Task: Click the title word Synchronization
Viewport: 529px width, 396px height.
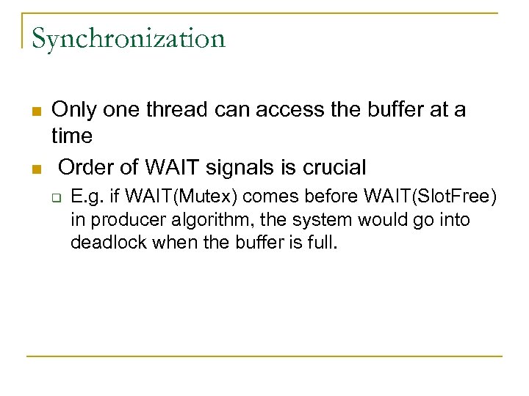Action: [128, 39]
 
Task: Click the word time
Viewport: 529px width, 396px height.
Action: [72, 136]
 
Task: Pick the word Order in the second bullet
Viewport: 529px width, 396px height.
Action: [85, 168]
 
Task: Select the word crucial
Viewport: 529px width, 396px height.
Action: [330, 168]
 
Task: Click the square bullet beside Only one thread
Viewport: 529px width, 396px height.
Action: [35, 111]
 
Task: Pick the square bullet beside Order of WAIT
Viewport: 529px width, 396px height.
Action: [35, 169]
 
